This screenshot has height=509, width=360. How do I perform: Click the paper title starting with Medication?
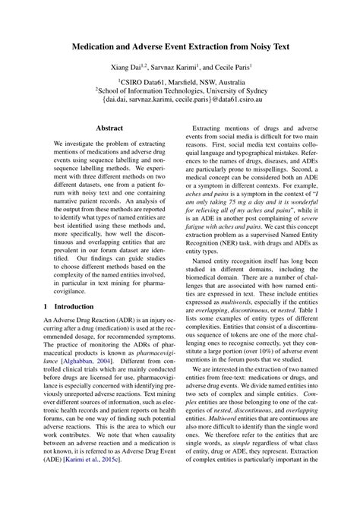179,47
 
